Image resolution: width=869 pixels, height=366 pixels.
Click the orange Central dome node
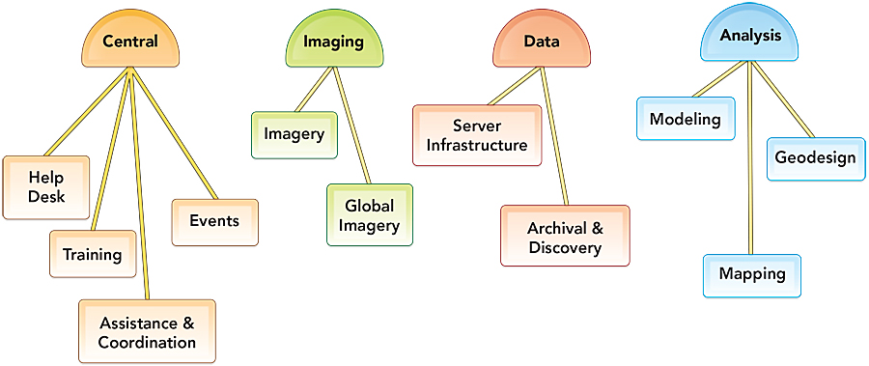[130, 43]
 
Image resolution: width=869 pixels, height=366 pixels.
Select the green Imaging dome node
[333, 43]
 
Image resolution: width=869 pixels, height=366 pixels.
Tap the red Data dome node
[542, 43]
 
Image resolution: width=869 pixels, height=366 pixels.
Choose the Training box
[93, 255]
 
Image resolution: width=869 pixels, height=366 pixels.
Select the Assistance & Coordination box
[147, 332]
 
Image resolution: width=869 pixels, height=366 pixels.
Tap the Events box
[214, 221]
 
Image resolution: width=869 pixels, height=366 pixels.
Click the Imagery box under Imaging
[294, 134]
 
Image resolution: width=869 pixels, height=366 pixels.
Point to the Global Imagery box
[370, 214]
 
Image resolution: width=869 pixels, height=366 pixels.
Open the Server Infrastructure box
[477, 135]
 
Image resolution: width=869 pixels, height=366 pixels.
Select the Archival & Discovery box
[565, 237]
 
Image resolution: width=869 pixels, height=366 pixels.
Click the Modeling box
[686, 120]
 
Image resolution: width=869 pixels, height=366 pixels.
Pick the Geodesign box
[815, 157]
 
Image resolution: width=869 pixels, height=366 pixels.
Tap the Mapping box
[752, 274]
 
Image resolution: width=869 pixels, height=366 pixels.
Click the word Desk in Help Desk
[45, 197]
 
